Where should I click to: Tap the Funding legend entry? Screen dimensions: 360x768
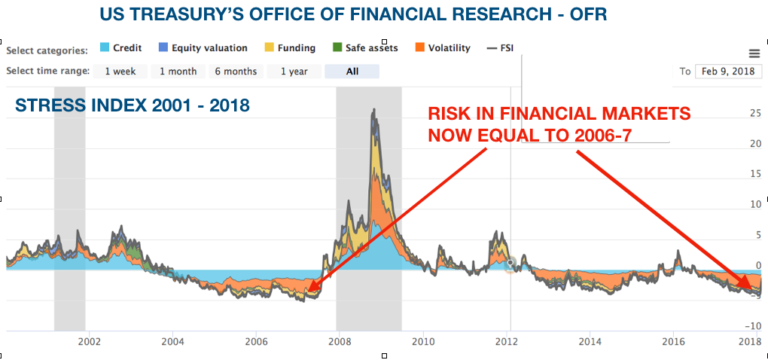[x=288, y=48]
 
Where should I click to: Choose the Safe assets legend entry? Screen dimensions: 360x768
[x=364, y=48]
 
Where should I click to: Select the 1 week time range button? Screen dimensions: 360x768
[x=120, y=72]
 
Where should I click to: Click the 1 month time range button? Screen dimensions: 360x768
[x=178, y=72]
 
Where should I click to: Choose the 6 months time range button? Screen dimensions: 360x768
[x=236, y=72]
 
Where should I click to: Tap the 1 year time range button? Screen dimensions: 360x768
[x=294, y=72]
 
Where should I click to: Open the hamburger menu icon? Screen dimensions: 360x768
[x=754, y=53]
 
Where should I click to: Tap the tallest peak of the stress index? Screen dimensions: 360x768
[x=374, y=111]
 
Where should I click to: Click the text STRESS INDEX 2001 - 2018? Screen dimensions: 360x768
[x=133, y=105]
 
